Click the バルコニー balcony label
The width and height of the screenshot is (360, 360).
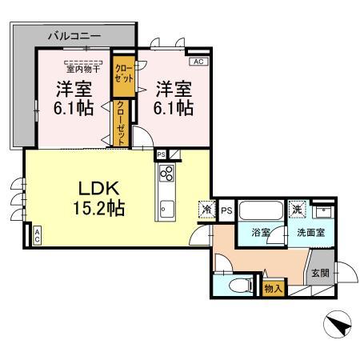click(x=74, y=36)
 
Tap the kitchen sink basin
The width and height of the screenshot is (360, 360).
click(x=167, y=210)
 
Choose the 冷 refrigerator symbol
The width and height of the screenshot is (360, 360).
click(x=206, y=210)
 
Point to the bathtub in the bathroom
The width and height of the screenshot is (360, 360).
click(x=260, y=212)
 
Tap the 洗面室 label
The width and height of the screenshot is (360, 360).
click(x=308, y=234)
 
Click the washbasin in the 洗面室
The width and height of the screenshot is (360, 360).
click(x=325, y=211)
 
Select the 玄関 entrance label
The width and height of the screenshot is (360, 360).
click(x=319, y=272)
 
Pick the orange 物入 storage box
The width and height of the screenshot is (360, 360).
click(x=273, y=286)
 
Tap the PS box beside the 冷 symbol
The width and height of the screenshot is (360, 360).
click(x=226, y=210)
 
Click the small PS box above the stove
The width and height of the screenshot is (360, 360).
click(x=161, y=154)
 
